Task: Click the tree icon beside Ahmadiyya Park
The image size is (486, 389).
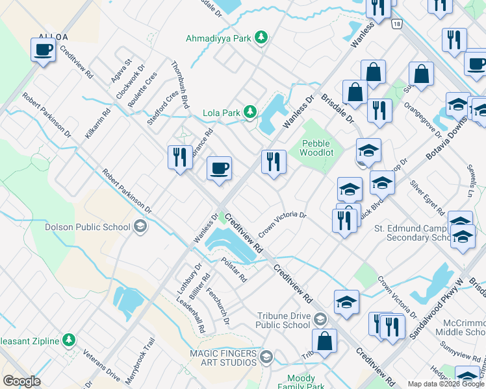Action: [x=261, y=38]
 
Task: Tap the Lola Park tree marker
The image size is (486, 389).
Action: [x=249, y=112]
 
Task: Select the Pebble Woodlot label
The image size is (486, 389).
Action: [x=316, y=148]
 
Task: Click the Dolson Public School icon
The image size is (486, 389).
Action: [x=140, y=227]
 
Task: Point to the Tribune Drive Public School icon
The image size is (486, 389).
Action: [x=319, y=319]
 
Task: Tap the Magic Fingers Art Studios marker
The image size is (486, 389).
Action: [x=265, y=357]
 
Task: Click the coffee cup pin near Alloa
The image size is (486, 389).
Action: [x=44, y=49]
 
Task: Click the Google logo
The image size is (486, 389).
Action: [x=21, y=381]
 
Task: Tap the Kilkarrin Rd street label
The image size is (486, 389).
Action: [x=97, y=123]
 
